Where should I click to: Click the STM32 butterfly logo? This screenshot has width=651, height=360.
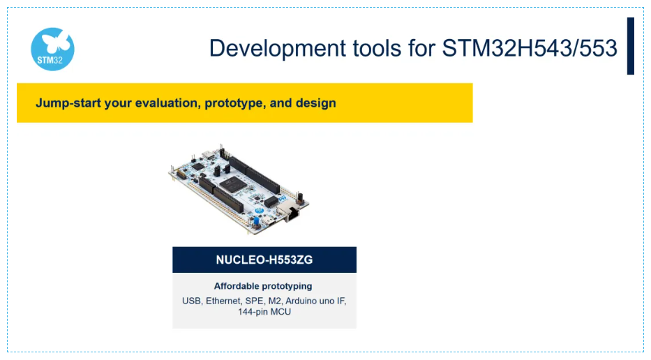53,49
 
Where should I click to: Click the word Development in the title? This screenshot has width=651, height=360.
277,49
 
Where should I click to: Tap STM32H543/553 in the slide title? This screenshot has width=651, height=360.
530,47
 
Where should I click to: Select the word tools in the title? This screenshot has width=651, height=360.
377,47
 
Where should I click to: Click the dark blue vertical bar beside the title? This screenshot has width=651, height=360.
631,46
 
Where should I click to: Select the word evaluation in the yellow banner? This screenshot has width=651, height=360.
168,103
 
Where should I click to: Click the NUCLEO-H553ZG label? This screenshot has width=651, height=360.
264,260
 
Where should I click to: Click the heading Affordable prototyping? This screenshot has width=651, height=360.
263,286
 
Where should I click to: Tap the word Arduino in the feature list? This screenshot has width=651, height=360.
299,301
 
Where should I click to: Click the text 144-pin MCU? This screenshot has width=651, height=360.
264,312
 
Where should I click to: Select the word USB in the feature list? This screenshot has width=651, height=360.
192,301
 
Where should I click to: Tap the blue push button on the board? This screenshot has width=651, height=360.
257,220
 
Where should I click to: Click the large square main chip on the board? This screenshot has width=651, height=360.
232,184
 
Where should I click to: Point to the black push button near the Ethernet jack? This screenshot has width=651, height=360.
300,197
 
